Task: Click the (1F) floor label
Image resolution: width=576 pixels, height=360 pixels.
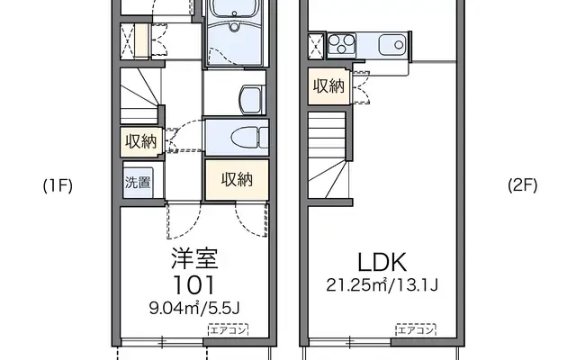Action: [x=58, y=186]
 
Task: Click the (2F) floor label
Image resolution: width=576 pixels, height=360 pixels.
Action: [x=522, y=186]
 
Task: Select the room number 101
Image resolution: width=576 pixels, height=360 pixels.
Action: [x=194, y=286]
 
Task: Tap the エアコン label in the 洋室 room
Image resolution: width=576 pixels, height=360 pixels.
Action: [x=224, y=330]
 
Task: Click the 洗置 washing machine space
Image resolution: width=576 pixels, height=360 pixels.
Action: [x=138, y=181]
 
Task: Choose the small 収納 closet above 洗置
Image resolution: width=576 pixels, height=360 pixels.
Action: [x=140, y=141]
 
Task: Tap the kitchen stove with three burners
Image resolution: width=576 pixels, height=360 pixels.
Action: [x=343, y=44]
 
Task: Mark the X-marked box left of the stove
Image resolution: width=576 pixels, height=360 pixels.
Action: [x=316, y=44]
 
